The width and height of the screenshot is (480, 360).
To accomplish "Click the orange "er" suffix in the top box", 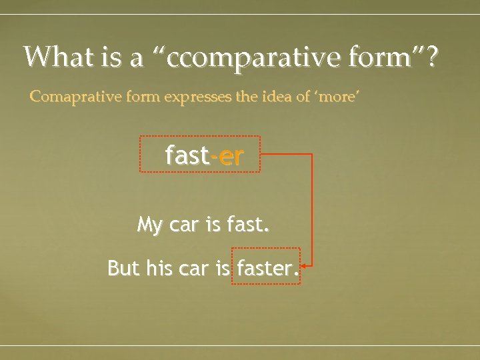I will tap(230, 155).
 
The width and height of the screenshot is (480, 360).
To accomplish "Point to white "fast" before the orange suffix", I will tap(187, 155).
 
